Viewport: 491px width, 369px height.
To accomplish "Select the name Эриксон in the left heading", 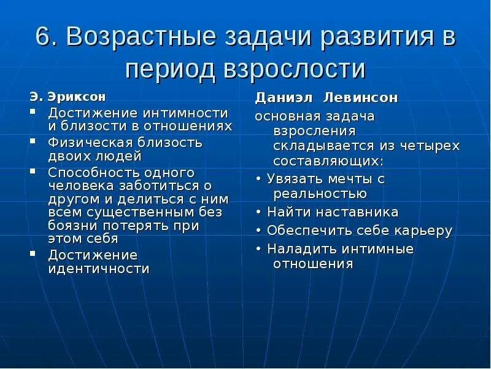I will [x=77, y=97].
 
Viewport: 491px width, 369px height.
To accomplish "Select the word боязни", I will [x=74, y=225].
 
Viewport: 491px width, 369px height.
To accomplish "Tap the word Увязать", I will [x=295, y=179].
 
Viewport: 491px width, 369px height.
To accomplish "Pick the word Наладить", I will [x=296, y=249].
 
